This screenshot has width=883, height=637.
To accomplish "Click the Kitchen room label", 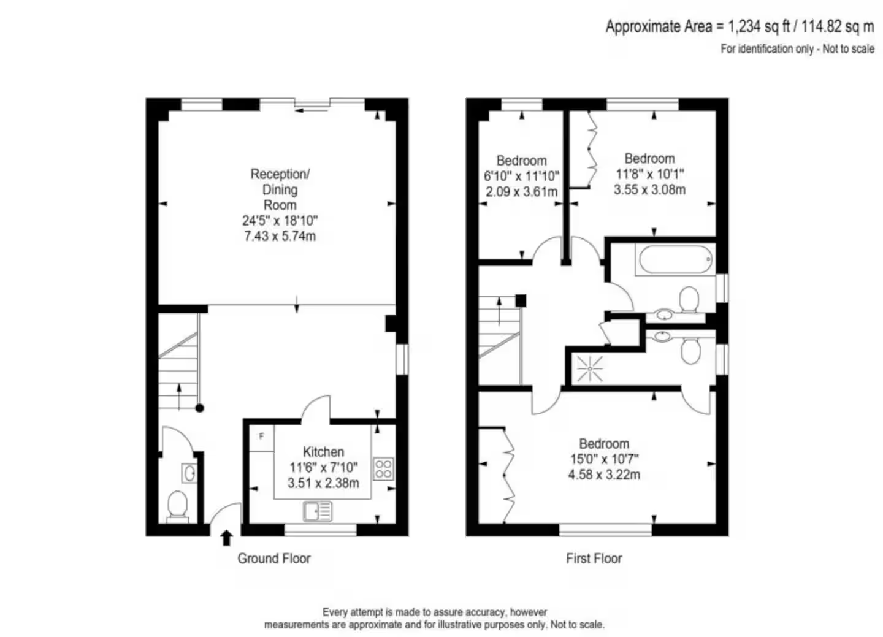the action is pos(323,452).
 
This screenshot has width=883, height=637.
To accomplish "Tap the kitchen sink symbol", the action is pos(318,511).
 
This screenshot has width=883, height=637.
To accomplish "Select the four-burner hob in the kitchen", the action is pos(383,468).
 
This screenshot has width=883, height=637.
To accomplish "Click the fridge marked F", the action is pos(262,438).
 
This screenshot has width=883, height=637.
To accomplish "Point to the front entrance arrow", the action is pos(226,538).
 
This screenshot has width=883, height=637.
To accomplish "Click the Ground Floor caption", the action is pos(274,559).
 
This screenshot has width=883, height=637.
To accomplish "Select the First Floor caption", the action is pos(594,559).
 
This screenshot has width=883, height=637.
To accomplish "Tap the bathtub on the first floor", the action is pos(676,259).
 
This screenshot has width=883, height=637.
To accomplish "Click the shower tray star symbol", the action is pos(590,369).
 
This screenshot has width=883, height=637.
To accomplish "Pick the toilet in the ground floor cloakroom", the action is pos(177,506).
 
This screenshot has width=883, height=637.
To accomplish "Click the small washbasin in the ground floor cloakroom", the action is pos(189,473).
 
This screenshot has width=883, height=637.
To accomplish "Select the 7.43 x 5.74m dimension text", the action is pos(280,236).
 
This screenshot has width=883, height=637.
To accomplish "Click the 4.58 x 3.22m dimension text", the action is pos(604,475).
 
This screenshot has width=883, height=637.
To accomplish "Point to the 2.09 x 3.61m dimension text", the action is pos(521,192).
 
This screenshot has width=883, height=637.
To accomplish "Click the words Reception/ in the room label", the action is pos(280,174).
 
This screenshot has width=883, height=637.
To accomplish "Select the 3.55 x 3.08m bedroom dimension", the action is pos(649,189).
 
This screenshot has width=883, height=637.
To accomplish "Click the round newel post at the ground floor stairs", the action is pos(200,408).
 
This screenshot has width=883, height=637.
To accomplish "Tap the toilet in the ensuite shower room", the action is pos(690,349).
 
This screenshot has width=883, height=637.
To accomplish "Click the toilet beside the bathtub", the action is pos(689,300).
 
